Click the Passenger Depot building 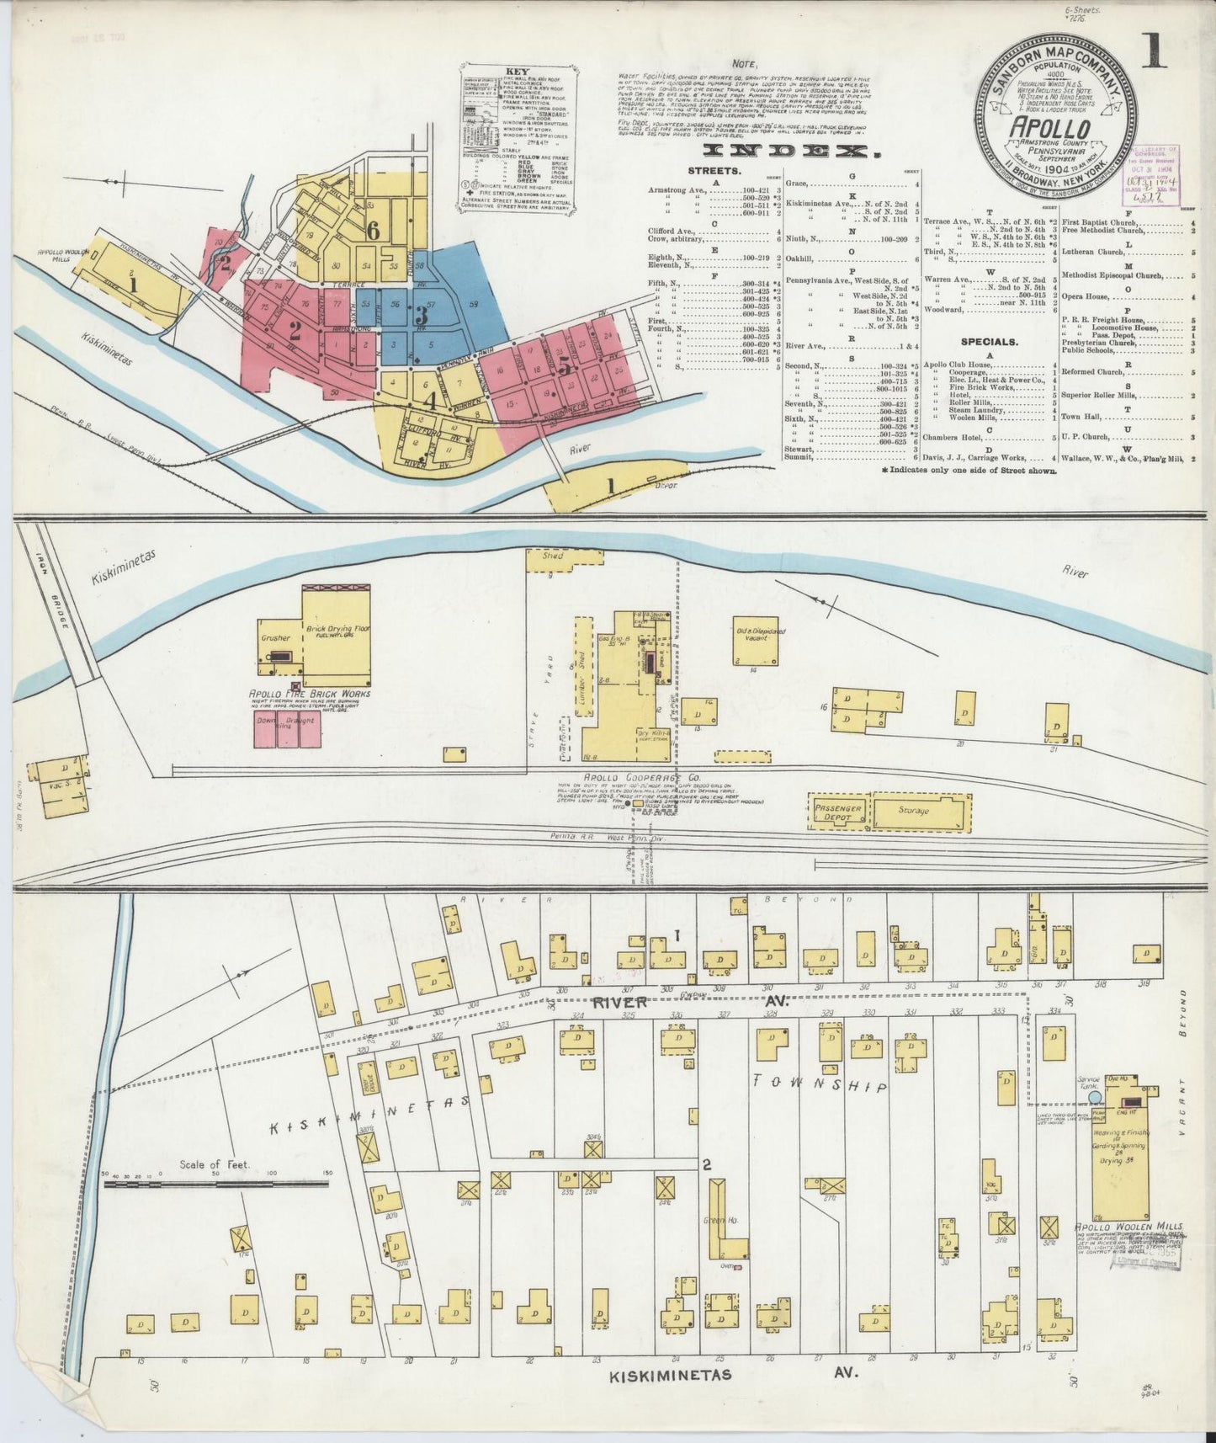point(836,812)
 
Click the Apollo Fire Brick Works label point(310,694)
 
